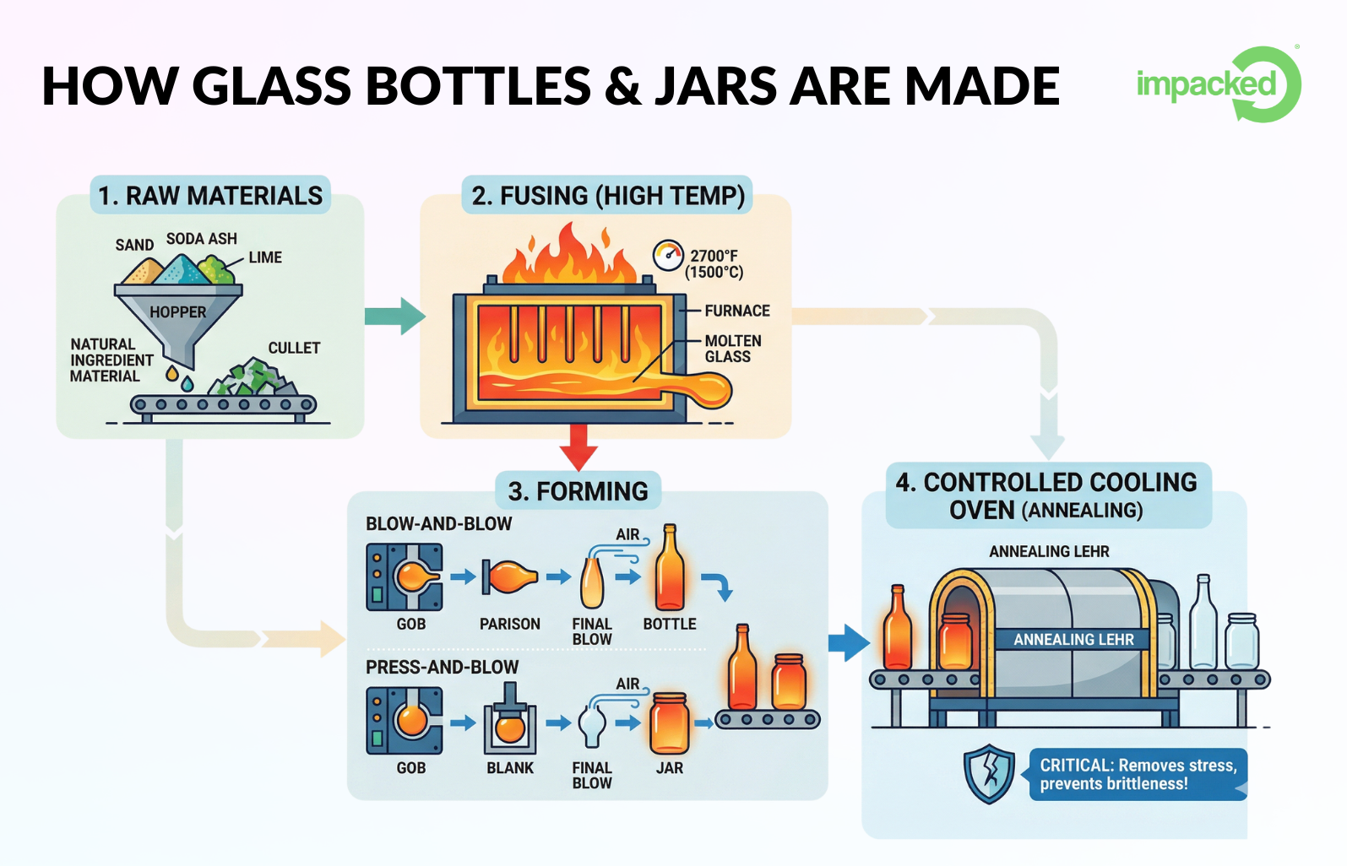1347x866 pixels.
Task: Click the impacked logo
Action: (x=1217, y=84)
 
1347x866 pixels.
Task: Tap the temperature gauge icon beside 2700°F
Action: (x=668, y=255)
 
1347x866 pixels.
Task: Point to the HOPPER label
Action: (x=177, y=312)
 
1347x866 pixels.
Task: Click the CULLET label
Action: (x=294, y=348)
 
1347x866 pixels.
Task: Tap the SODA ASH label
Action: (x=201, y=239)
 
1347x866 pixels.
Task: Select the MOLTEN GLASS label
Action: (x=732, y=349)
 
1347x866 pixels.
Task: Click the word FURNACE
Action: (x=736, y=311)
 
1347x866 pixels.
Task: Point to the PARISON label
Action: (x=509, y=624)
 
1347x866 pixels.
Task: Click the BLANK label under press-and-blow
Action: (x=510, y=768)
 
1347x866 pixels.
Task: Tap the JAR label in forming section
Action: (x=669, y=768)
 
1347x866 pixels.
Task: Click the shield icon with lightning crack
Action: (x=989, y=773)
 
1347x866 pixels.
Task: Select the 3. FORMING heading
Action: (x=578, y=491)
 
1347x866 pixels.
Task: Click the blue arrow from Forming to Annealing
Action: (x=848, y=643)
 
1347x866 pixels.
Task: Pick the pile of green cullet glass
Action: (x=253, y=377)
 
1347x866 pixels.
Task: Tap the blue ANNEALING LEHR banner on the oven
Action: (x=1073, y=640)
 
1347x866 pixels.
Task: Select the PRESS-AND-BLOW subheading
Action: (x=442, y=667)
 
